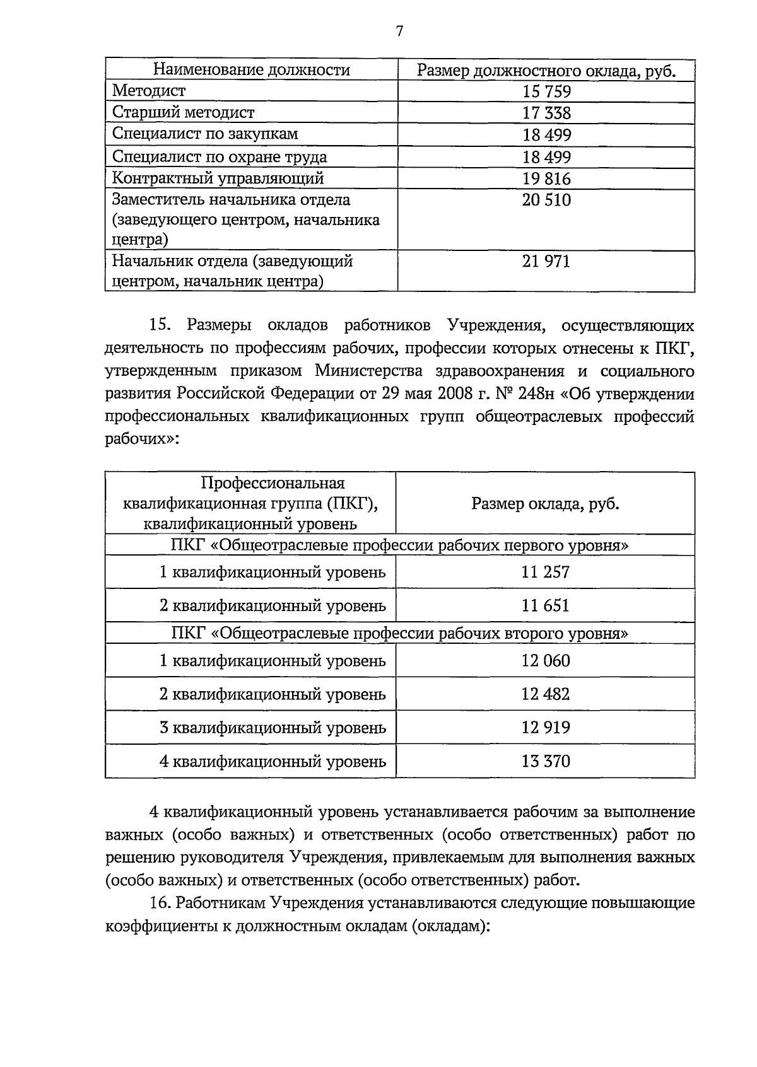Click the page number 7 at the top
tap(399, 32)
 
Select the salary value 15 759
tap(546, 91)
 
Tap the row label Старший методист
tap(183, 112)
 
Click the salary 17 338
tap(546, 113)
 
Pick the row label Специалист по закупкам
tap(205, 134)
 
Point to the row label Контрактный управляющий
tap(218, 178)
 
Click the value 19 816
tap(546, 178)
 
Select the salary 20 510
tap(546, 200)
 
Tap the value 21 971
tap(546, 261)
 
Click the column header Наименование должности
tap(252, 69)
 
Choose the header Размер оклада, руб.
tap(545, 503)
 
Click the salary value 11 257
tap(545, 572)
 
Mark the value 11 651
tap(545, 605)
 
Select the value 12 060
tap(545, 660)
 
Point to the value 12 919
tap(545, 727)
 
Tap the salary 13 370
tap(545, 761)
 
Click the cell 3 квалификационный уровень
tap(273, 727)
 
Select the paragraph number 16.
tap(160, 902)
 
